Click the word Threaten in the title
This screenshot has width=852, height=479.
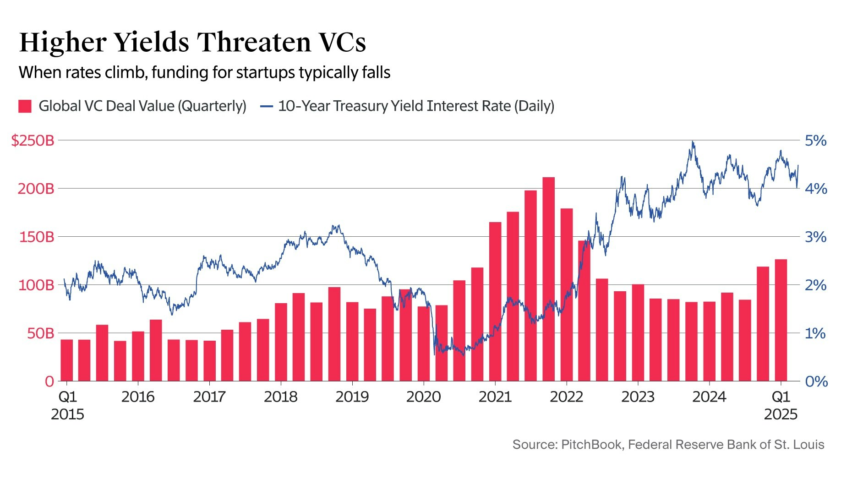[x=254, y=42]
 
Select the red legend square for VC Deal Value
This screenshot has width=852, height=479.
[x=25, y=106]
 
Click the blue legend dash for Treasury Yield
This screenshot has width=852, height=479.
[x=266, y=106]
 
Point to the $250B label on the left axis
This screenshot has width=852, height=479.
[x=33, y=141]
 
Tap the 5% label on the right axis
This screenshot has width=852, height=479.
[x=816, y=141]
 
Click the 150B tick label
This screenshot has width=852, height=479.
[x=36, y=237]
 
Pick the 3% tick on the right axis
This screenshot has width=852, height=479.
[x=816, y=237]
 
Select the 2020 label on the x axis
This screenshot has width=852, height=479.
[x=423, y=397]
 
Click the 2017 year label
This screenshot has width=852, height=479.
[x=209, y=397]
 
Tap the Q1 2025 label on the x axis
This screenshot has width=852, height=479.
[x=781, y=405]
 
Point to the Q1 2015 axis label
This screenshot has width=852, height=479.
[x=67, y=405]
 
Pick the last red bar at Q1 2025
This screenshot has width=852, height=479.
[x=781, y=321]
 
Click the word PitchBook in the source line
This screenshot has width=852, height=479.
[x=591, y=445]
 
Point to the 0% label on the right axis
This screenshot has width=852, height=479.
[x=816, y=381]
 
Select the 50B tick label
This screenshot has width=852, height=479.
[x=40, y=333]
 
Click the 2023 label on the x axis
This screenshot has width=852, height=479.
[x=638, y=397]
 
